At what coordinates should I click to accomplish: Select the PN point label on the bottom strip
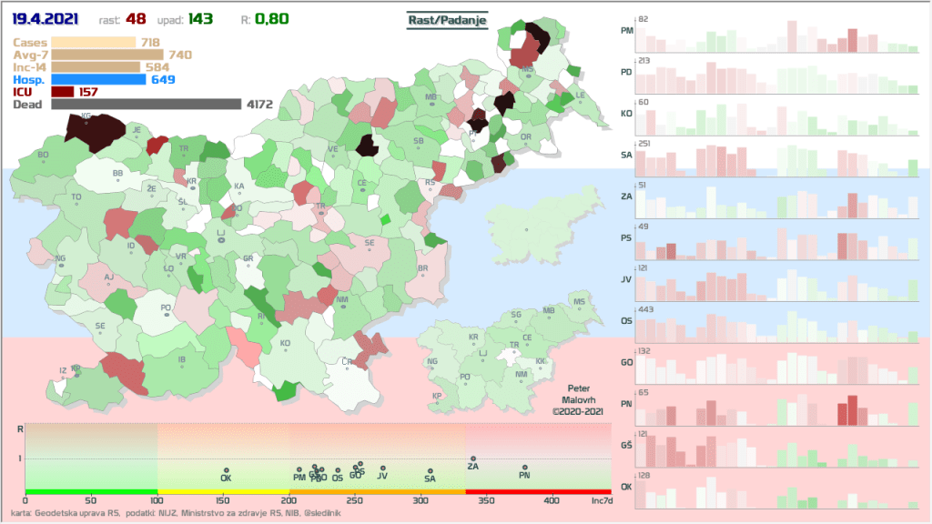tap(524, 475)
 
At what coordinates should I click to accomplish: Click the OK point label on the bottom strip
tap(227, 477)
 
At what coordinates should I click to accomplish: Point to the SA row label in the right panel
tap(626, 155)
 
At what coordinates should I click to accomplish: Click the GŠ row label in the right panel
tap(626, 445)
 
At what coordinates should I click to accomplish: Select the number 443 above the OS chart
tap(647, 310)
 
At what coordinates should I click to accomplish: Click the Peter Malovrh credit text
tap(579, 399)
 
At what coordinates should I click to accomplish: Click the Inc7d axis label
tap(602, 500)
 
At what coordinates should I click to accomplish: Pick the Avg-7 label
tap(31, 55)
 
